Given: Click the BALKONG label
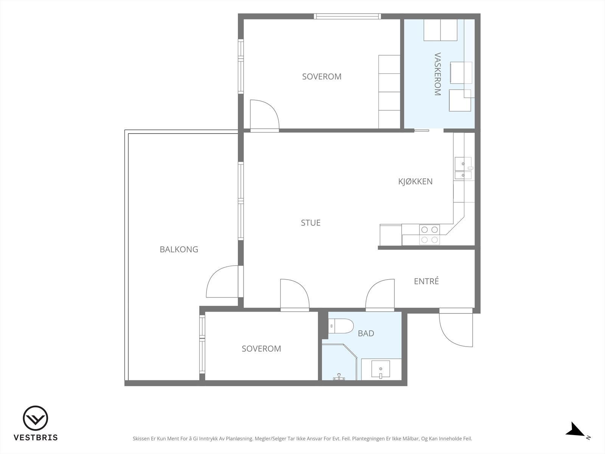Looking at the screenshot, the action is tap(179, 249).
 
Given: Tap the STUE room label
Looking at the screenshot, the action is tap(311, 223).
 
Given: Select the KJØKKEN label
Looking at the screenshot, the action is tap(415, 181).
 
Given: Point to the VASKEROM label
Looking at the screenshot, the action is tap(437, 74).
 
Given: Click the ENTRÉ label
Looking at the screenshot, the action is tap(427, 281).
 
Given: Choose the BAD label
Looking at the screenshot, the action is tap(366, 333).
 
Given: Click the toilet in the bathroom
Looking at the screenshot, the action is tap(341, 326).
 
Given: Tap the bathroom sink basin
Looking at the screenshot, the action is tap(381, 369).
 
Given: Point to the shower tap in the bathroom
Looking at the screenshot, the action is tap(339, 377).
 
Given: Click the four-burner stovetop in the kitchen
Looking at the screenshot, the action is tap(430, 235).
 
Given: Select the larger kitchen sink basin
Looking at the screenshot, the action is tap(463, 164).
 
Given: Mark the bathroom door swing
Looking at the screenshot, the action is tap(380, 295).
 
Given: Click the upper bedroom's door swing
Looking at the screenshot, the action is tap(265, 116).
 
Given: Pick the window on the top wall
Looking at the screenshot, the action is tap(347, 16).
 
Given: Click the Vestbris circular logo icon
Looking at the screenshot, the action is tap(36, 418).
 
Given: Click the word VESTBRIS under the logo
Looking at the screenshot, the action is tap(36, 437).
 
